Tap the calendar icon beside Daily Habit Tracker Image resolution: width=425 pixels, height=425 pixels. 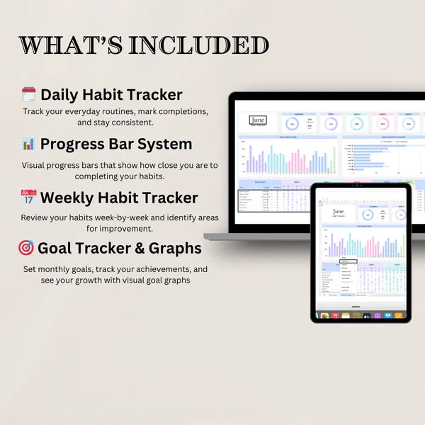pyautogui.click(x=28, y=95)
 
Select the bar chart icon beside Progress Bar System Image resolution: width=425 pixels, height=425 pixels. pyautogui.click(x=28, y=144)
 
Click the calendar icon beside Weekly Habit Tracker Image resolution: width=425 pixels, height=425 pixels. pyautogui.click(x=28, y=197)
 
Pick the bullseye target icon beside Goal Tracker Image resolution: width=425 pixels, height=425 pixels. pyautogui.click(x=26, y=248)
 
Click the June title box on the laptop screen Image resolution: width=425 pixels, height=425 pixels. pyautogui.click(x=259, y=122)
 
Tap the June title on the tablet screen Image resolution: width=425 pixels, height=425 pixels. pyautogui.click(x=339, y=212)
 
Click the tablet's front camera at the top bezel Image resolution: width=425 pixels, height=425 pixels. pyautogui.click(x=361, y=186)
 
